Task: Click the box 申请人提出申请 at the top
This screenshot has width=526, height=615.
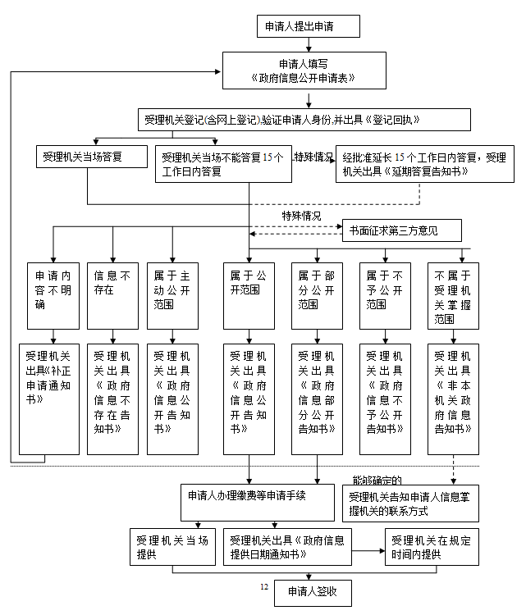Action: coord(309,26)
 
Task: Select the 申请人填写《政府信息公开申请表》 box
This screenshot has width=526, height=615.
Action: coord(304,71)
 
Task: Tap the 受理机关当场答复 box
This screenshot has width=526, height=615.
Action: coord(92,157)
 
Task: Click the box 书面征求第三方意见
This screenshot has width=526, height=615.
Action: coord(401,230)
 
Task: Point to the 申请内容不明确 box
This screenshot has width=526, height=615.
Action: coord(53,296)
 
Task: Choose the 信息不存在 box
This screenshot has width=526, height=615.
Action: coord(112,296)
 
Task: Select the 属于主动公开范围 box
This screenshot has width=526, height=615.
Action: coord(172,296)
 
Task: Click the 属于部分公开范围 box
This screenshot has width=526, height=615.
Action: coord(317,296)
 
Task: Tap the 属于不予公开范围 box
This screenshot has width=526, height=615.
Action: coord(385,296)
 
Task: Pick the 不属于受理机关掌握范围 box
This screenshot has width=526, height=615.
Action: coord(453,296)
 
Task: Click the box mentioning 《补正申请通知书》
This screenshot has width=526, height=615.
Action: coord(49,399)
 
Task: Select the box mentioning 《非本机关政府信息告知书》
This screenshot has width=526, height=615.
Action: coord(453,399)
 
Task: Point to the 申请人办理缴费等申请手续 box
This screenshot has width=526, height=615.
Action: coord(258,503)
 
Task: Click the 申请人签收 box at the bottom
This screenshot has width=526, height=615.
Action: coord(313,593)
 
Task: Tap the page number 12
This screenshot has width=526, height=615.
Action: coord(264,587)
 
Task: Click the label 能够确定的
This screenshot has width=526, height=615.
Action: coord(377,481)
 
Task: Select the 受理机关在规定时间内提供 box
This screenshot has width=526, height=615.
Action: coord(432,547)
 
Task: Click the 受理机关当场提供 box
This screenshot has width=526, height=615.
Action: coord(172,547)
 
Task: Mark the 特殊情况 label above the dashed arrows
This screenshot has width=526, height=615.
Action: coord(301,216)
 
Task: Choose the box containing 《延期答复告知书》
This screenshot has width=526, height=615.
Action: coord(425,164)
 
